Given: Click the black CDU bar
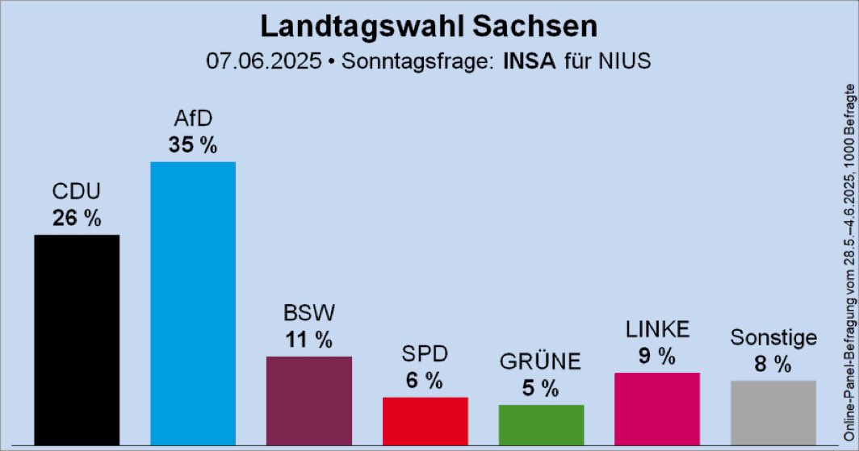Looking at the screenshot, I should click(77, 339).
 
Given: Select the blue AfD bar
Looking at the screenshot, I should click(193, 303).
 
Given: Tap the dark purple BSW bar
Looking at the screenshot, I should click(309, 400).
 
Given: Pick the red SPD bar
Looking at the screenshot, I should click(425, 420).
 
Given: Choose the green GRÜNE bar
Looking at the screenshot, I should click(541, 424).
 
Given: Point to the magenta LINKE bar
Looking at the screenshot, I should click(657, 408).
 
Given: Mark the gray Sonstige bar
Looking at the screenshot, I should click(773, 412).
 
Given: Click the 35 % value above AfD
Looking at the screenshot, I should click(193, 146).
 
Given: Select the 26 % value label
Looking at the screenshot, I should click(77, 218).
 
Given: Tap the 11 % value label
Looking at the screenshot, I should click(309, 340).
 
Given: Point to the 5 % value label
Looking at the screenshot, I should click(541, 388).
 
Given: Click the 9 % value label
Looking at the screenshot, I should click(657, 356).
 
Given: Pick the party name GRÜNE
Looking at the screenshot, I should click(541, 362).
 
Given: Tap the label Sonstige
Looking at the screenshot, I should click(773, 337).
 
